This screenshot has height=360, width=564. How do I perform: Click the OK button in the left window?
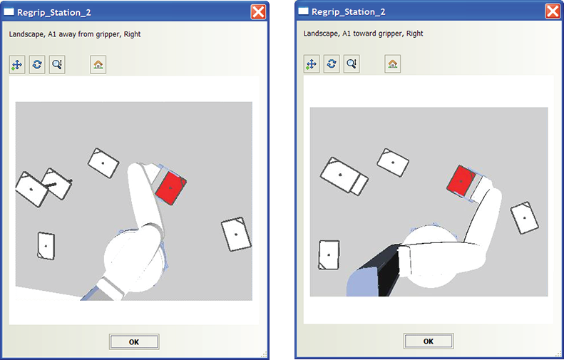[134, 341]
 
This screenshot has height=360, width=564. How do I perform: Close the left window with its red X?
[258, 12]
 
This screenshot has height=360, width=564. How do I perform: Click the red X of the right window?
[553, 11]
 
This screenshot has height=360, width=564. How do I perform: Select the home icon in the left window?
[98, 65]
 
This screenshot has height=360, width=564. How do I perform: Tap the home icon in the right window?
[392, 64]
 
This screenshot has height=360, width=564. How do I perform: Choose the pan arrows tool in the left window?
[17, 65]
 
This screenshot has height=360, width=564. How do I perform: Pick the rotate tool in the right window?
[332, 64]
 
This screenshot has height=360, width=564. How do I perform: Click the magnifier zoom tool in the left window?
[57, 65]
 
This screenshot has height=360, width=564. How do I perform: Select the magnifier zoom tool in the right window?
[352, 64]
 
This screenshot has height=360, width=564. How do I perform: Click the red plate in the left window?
[171, 187]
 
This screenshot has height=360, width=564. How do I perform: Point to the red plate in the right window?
[461, 181]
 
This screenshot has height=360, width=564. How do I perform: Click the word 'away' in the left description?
[67, 34]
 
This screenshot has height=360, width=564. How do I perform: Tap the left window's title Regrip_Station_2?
[54, 13]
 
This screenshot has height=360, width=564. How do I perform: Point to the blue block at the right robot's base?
[362, 284]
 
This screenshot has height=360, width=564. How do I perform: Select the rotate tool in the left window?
[37, 65]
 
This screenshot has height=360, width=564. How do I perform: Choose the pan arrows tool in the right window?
[311, 64]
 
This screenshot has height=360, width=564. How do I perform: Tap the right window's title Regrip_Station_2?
[348, 12]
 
